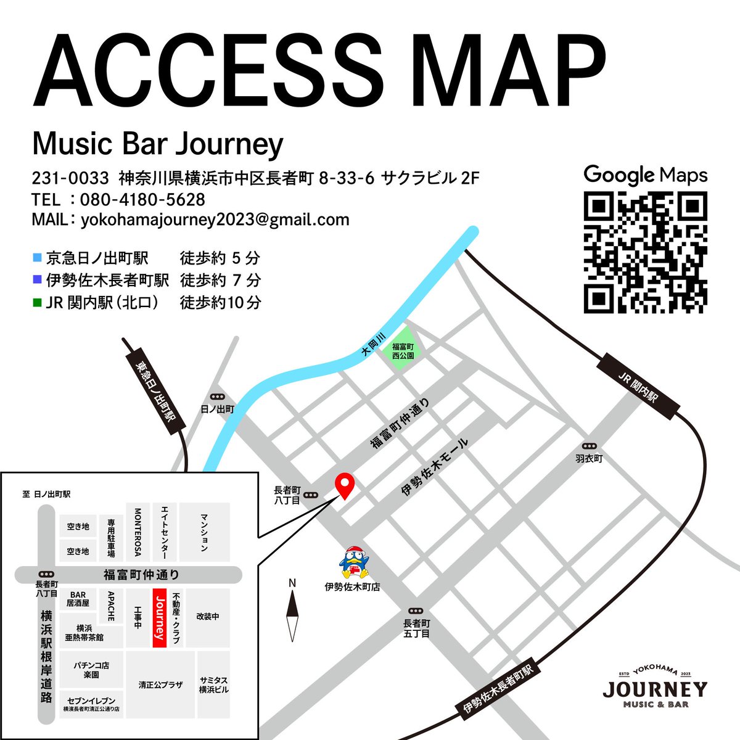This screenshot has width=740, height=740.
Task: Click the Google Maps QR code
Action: click(645, 252)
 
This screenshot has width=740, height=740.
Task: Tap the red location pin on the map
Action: click(343, 485)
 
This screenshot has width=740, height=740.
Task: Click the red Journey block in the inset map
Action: click(159, 618)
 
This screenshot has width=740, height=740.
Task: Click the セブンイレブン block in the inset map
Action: click(91, 705)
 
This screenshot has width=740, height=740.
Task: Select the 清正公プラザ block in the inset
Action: click(160, 685)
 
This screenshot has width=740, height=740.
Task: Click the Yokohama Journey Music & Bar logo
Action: click(655, 687)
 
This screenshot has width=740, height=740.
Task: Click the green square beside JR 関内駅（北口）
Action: click(38, 303)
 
